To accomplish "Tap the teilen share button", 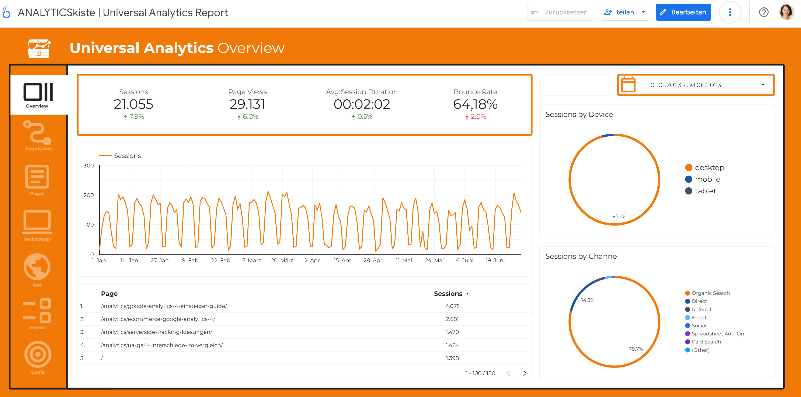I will [x=619, y=12].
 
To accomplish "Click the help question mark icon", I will [x=763, y=12].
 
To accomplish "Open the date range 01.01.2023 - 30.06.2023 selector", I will [x=695, y=85].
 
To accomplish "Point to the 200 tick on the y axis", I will [x=89, y=195].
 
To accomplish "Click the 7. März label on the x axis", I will [x=252, y=260].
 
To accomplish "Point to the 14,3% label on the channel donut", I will [x=587, y=300].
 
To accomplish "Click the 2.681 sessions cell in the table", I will [x=452, y=319].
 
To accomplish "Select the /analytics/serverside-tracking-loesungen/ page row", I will [x=156, y=332].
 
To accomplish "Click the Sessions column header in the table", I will [x=448, y=294].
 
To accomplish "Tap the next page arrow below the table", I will [x=525, y=373].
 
